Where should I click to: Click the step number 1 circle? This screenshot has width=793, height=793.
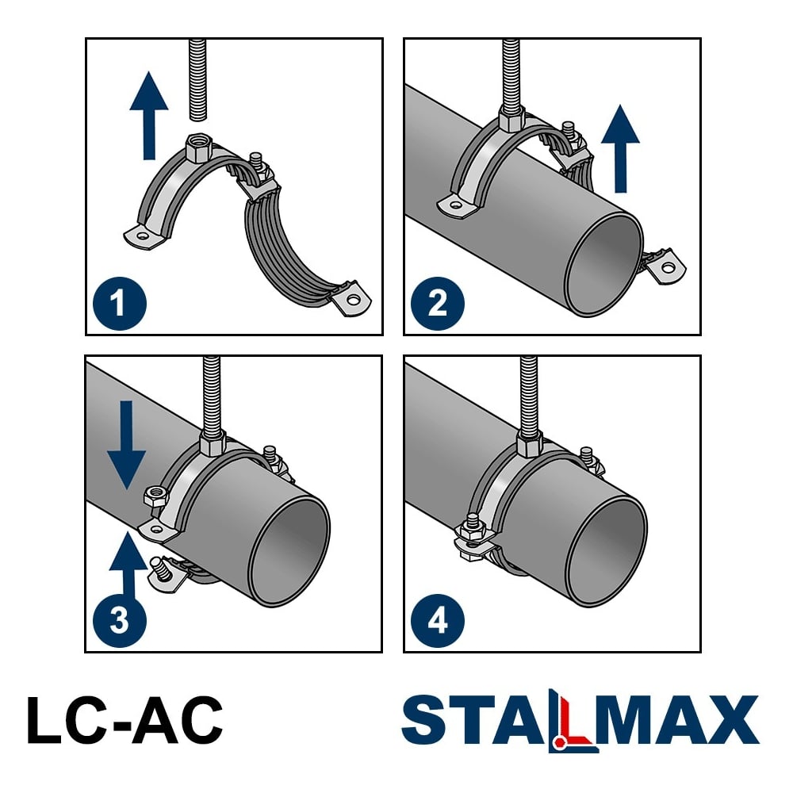point(120,304)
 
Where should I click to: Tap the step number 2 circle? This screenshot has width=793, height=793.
point(438,304)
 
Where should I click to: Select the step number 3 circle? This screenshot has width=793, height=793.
point(120,621)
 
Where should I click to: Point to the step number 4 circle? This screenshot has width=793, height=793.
point(438,621)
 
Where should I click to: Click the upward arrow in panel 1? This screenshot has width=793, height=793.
point(149,115)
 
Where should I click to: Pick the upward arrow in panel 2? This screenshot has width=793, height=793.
point(621,149)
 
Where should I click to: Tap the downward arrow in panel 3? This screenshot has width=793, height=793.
point(126,446)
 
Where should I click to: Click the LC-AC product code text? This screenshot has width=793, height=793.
point(125,720)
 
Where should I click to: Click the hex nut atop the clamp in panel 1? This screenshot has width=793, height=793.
point(198,147)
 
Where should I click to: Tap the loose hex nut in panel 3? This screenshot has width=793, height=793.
point(155,496)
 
